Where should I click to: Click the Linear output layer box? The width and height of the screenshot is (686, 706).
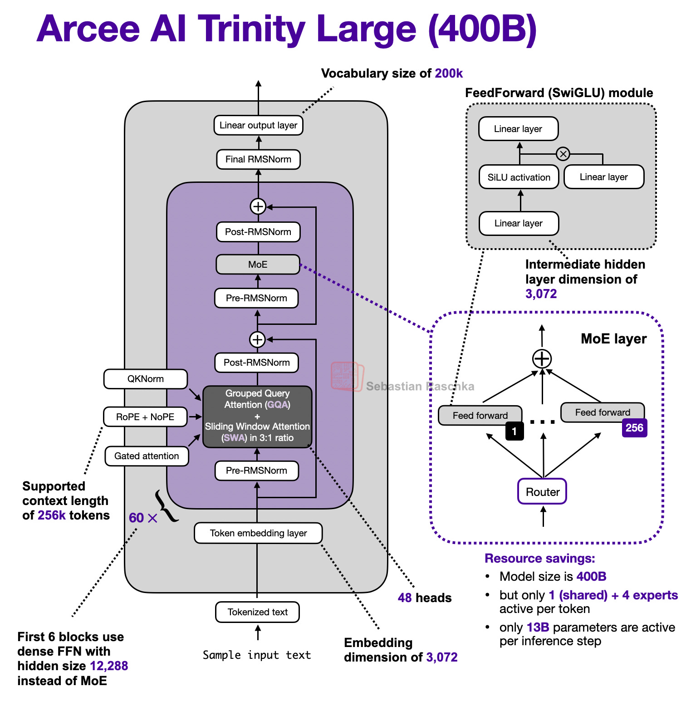tap(258, 125)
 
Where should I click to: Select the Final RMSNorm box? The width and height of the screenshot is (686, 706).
tap(258, 159)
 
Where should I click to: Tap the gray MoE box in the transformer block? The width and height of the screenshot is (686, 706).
tap(258, 265)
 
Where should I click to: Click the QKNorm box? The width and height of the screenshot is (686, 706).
tap(146, 379)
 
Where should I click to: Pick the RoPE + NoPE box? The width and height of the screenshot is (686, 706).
tap(145, 417)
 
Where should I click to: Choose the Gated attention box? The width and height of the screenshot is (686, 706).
tap(147, 456)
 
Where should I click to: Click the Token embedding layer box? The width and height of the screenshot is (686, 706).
tap(258, 533)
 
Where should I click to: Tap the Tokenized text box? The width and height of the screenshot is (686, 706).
tap(257, 612)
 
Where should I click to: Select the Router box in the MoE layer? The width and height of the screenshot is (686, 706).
tap(542, 491)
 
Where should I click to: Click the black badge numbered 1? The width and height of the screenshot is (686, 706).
tap(514, 431)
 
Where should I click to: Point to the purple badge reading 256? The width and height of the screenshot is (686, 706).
tap(634, 428)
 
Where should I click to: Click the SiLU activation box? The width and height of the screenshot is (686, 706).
tap(519, 177)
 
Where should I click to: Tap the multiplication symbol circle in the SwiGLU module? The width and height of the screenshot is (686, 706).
tap(563, 154)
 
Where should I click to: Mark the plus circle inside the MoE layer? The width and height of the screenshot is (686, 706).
tap(542, 359)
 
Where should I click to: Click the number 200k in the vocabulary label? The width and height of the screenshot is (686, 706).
tap(449, 74)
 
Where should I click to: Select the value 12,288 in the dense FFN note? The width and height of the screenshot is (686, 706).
tap(109, 666)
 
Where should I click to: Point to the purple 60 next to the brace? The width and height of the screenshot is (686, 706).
tap(136, 518)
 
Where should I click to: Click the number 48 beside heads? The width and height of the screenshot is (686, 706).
tap(405, 598)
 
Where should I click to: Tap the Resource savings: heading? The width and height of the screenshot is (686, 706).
tap(540, 558)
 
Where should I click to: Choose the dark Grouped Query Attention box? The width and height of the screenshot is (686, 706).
tap(257, 416)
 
